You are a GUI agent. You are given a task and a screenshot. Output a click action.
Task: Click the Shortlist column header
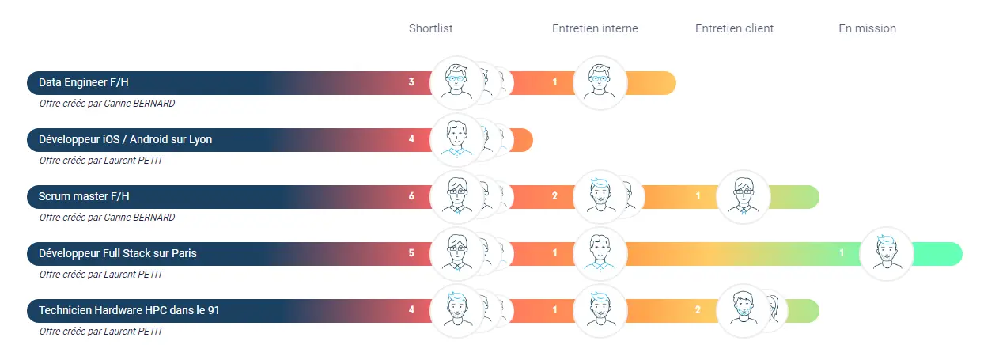click(430, 28)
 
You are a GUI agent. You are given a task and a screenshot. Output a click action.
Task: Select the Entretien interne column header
click(595, 28)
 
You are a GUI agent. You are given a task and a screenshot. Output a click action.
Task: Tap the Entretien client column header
click(734, 28)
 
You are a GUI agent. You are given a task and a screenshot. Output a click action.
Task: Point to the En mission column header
click(867, 28)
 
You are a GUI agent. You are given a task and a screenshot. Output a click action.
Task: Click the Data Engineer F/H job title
click(78, 82)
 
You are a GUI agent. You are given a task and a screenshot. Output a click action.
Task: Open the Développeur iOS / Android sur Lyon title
click(125, 140)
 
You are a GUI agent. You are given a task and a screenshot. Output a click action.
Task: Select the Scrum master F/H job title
click(84, 196)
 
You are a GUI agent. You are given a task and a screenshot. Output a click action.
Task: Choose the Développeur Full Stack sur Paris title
click(118, 253)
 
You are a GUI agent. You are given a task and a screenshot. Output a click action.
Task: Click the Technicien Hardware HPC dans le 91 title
click(129, 310)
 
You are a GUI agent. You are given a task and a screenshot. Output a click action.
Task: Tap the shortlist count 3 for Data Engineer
click(411, 82)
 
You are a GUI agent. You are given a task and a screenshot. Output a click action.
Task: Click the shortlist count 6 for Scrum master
click(411, 196)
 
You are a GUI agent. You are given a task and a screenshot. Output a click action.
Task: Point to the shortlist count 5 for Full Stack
click(411, 253)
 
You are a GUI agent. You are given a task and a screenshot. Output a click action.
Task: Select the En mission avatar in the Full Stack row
click(886, 254)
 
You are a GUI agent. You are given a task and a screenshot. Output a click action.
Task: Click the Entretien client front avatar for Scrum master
click(743, 196)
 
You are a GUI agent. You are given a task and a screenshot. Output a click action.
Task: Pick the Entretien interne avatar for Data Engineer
click(600, 82)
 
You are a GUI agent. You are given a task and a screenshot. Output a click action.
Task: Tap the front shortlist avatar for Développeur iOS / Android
click(456, 140)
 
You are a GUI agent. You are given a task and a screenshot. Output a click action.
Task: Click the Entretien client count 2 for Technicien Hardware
click(698, 310)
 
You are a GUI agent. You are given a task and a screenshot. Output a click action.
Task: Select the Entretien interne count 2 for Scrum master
click(554, 196)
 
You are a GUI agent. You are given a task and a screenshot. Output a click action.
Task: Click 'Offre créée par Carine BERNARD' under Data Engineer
click(107, 103)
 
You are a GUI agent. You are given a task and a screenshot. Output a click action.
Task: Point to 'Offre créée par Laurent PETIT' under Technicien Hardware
click(101, 331)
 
